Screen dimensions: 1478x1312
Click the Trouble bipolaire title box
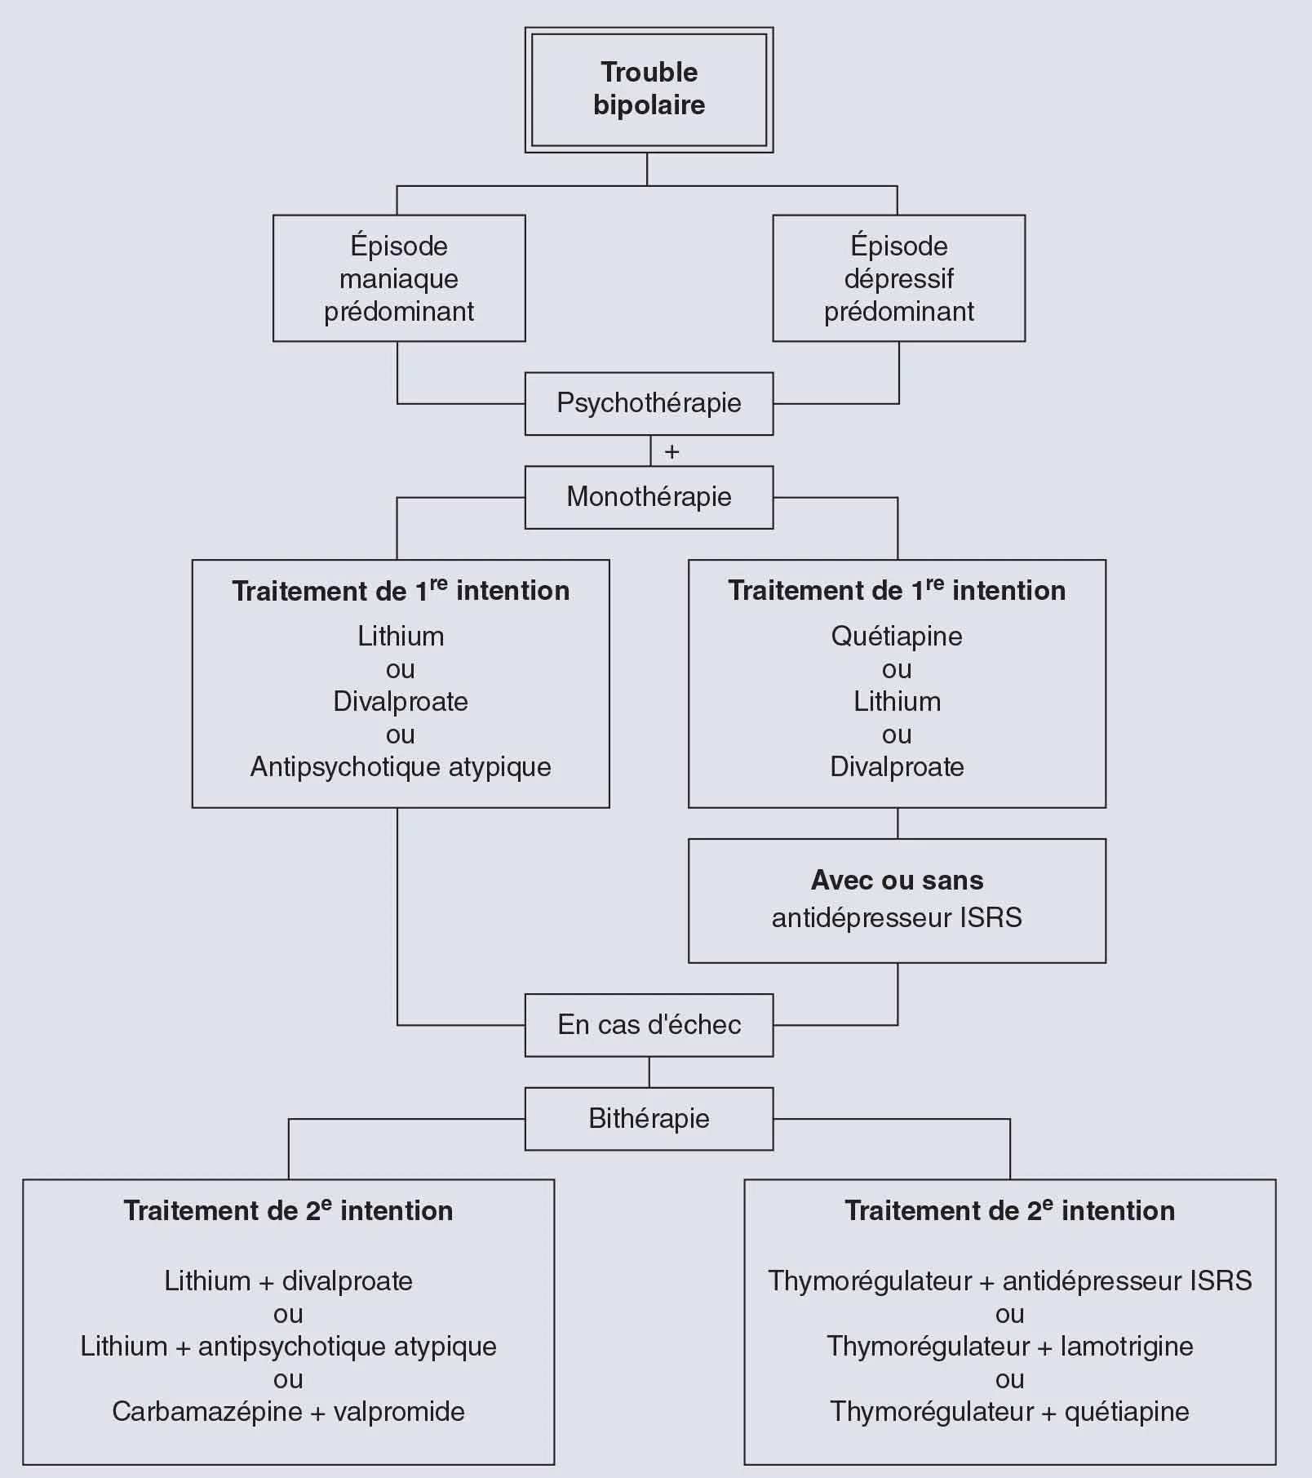pos(649,89)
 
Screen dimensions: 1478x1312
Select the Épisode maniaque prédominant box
pos(399,278)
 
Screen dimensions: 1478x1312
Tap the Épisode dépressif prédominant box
pos(898,278)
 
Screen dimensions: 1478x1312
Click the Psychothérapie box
pos(649,403)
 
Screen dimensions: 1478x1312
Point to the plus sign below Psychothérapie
pos(672,451)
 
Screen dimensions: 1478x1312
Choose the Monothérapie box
pos(649,497)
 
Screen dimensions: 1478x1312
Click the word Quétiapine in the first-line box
pos(897,637)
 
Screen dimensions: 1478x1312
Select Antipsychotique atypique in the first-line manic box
pos(401,767)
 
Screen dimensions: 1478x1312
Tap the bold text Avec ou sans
pos(897,880)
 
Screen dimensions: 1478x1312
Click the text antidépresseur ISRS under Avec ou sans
pos(897,918)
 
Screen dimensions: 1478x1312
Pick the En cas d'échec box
pos(649,1025)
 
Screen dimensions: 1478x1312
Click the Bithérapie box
pos(649,1119)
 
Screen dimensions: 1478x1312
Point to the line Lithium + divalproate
pos(288,1281)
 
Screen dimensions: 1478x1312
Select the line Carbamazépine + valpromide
pos(288,1412)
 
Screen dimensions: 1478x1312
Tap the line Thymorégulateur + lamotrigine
pos(1009,1347)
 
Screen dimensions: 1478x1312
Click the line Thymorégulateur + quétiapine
pos(1009,1412)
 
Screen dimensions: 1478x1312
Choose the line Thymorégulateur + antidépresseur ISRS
pos(1009,1281)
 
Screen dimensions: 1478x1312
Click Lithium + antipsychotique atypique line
pos(288,1347)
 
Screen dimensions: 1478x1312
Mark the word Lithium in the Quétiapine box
pos(897,702)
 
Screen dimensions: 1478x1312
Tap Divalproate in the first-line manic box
pos(401,702)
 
